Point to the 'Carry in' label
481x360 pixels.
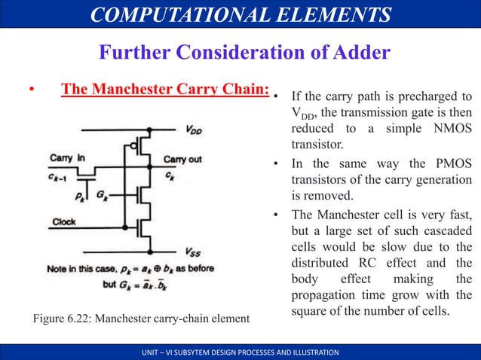67,158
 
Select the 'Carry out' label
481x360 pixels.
182,160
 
